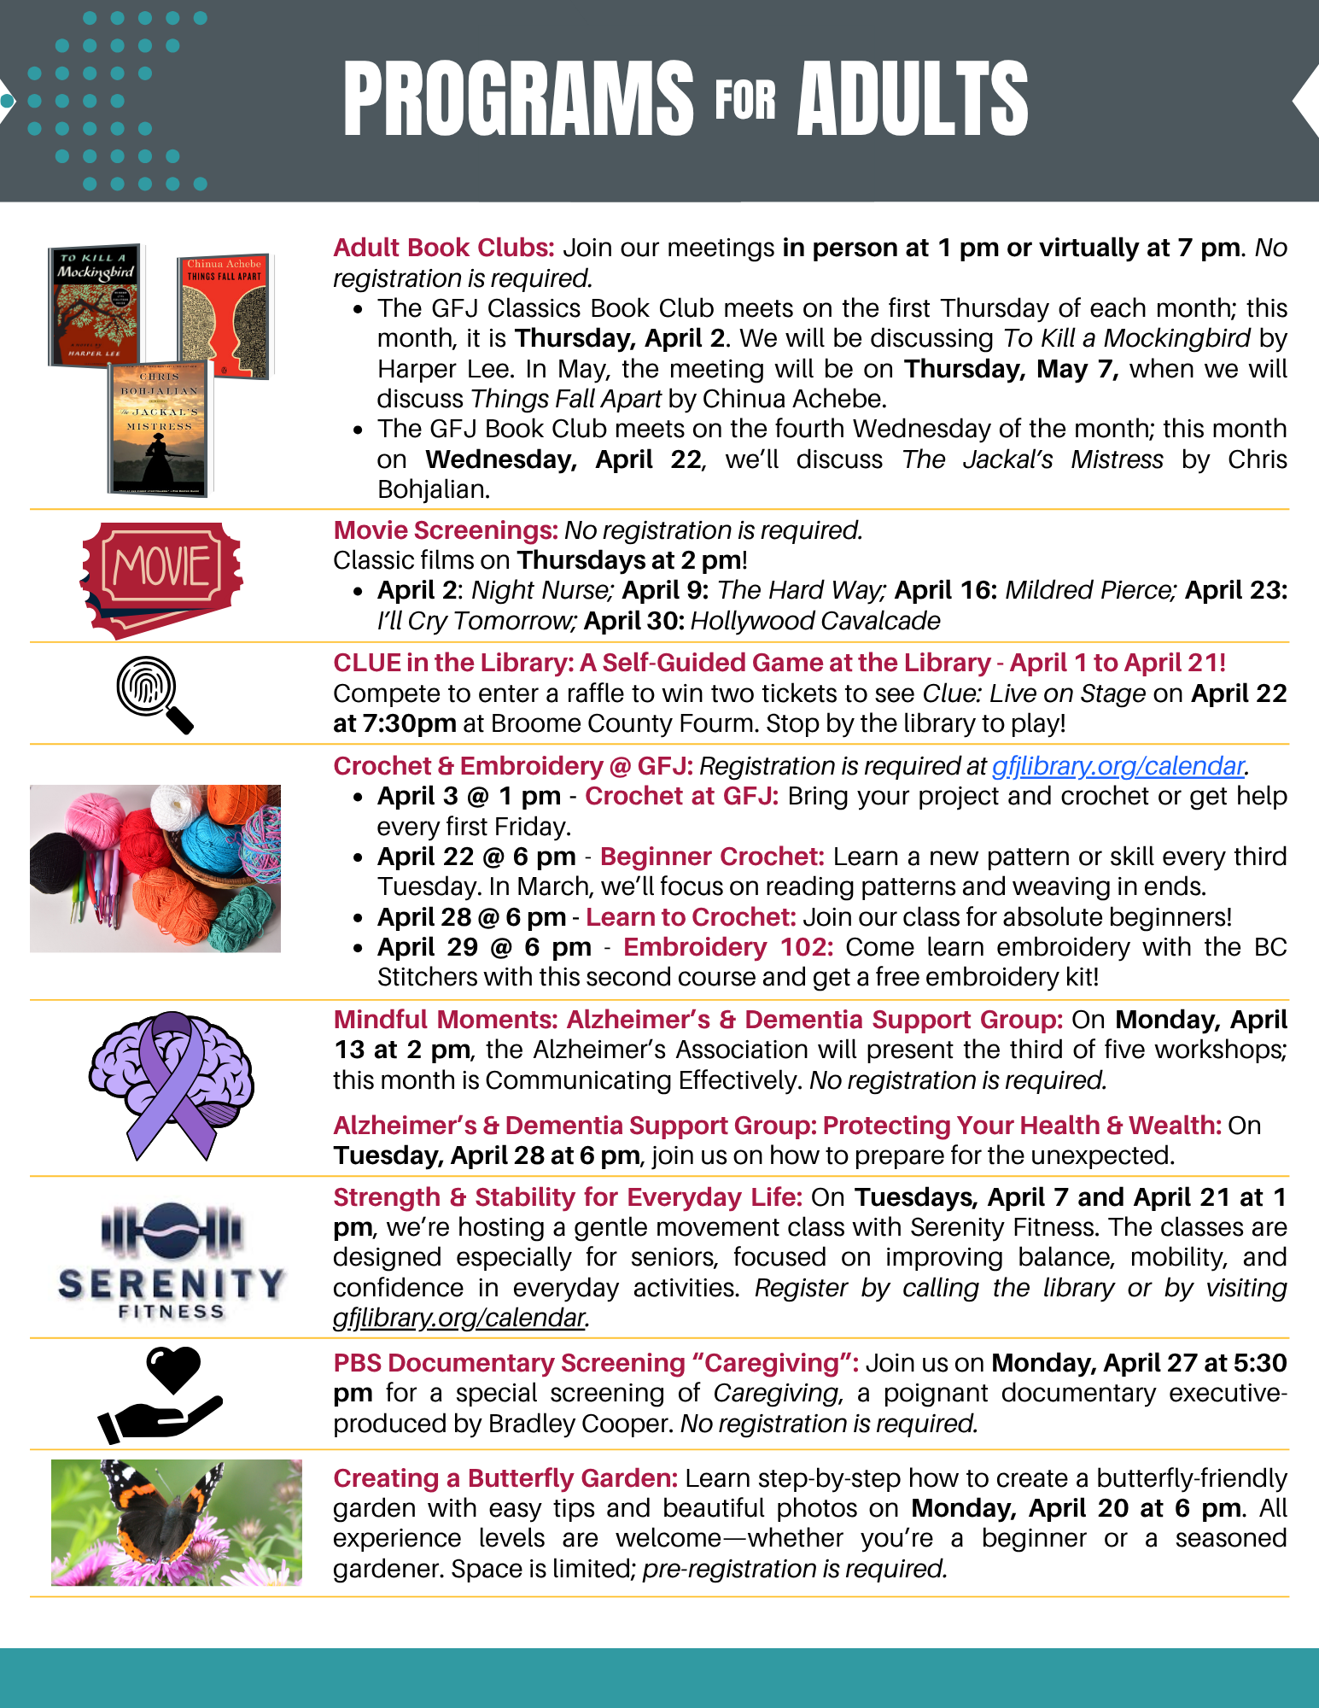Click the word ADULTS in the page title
click(x=912, y=99)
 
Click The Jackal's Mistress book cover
click(x=159, y=430)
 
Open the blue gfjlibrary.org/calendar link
click(x=1117, y=766)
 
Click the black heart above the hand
click(x=173, y=1369)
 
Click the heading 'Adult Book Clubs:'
click(x=443, y=248)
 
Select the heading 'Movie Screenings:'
click(x=445, y=530)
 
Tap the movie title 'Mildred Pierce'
click(x=1089, y=590)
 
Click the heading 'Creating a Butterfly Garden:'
click(x=505, y=1478)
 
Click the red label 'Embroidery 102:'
click(x=727, y=947)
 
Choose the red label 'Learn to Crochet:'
click(x=690, y=917)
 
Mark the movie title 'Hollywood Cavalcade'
click(x=814, y=621)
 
